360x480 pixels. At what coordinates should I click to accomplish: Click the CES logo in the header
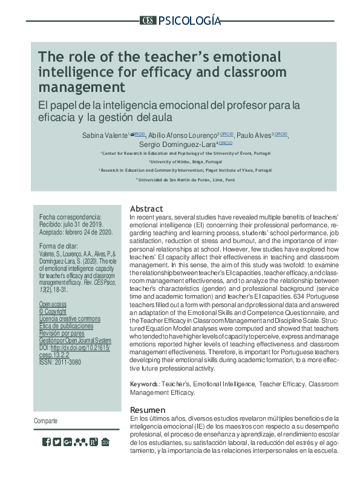point(148,21)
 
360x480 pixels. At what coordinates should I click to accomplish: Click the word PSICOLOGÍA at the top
point(189,21)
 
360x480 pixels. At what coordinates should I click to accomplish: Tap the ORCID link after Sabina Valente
point(139,134)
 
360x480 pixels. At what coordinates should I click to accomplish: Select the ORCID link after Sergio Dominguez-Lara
point(226,143)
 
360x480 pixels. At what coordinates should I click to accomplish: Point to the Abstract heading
point(146,209)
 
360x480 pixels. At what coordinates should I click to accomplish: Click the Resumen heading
point(147,410)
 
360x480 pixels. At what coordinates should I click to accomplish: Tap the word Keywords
point(145,384)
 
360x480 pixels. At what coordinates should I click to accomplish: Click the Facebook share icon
point(47,442)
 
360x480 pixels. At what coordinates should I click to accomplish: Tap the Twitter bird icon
point(57,442)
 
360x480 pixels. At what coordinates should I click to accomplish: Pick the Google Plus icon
point(68,442)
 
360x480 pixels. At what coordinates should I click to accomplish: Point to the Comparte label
point(47,421)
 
